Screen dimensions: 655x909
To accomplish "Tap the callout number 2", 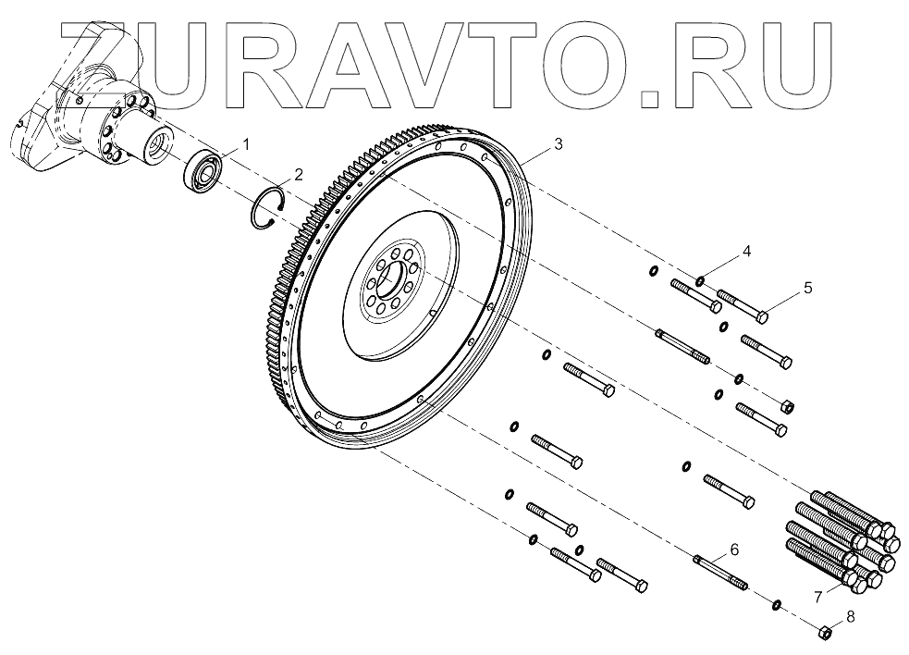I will point(299,174).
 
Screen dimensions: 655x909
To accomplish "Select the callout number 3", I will point(557,144).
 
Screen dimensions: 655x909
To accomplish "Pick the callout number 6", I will point(734,549).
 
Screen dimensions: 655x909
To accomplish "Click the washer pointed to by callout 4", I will point(700,280).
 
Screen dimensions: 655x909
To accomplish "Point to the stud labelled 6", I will point(719,570).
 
